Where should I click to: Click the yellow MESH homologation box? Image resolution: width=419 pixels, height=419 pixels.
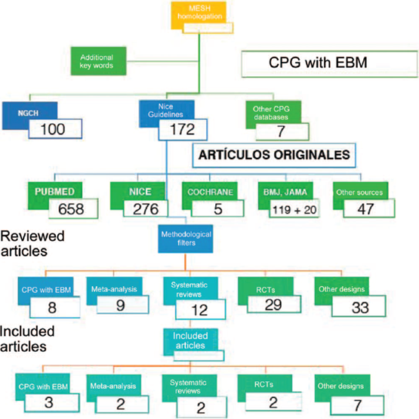(199, 14)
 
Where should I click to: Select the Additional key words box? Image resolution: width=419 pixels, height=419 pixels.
(98, 61)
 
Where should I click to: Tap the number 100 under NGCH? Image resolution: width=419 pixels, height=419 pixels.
(53, 129)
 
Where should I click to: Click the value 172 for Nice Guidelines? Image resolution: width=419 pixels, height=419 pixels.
(183, 129)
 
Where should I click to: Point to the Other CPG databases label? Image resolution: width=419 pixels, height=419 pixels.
(271, 112)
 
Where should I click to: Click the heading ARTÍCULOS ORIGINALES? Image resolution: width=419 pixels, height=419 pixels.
(274, 155)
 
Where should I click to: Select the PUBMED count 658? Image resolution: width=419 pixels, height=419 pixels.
(71, 208)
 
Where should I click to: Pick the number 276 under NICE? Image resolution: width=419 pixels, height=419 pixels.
(146, 208)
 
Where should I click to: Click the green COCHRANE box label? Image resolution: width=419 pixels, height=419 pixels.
(210, 192)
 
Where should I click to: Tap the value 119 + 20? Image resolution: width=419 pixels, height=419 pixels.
(294, 210)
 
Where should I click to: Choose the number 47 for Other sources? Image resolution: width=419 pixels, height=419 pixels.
(365, 209)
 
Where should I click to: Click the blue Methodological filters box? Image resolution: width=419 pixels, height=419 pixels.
(186, 239)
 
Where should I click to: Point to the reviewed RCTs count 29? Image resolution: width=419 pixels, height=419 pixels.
(273, 305)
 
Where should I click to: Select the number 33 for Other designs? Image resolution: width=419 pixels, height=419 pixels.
(360, 307)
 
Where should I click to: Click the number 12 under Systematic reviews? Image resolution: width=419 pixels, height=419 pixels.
(199, 310)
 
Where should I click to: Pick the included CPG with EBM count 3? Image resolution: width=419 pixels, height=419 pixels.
(48, 402)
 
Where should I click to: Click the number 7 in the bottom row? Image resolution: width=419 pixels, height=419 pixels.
(358, 405)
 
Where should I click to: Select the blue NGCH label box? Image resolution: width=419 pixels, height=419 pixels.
(29, 116)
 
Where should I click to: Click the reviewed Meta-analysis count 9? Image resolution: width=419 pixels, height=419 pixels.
(120, 305)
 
